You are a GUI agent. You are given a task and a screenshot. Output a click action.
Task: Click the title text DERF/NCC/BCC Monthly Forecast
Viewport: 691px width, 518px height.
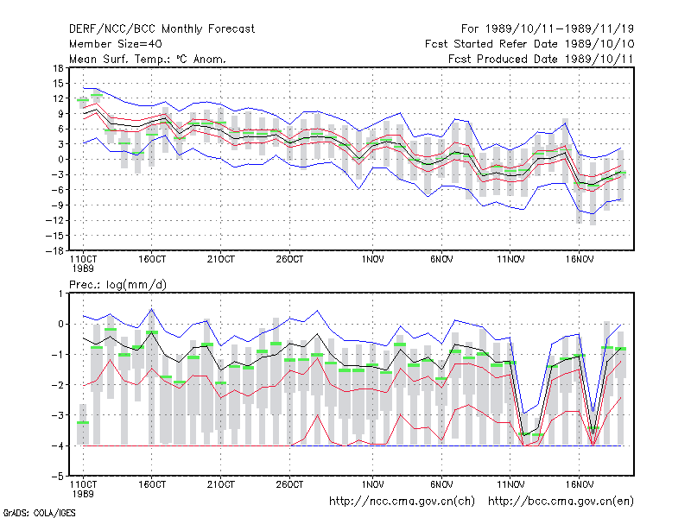pyautogui.click(x=162, y=29)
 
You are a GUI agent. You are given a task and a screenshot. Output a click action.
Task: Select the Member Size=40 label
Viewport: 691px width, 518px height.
pyautogui.click(x=116, y=44)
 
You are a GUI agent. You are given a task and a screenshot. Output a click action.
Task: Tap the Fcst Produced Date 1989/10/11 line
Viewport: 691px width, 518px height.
pyautogui.click(x=541, y=59)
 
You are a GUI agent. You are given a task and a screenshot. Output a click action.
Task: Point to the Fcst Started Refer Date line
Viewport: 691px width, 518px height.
pyautogui.click(x=529, y=44)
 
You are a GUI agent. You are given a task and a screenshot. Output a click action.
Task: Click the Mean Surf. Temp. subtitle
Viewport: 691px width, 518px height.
pyautogui.click(x=148, y=59)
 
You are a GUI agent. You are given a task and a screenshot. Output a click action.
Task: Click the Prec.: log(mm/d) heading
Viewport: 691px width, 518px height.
pyautogui.click(x=117, y=285)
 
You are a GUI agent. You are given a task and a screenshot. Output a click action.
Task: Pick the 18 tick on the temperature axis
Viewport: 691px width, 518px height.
pyautogui.click(x=58, y=68)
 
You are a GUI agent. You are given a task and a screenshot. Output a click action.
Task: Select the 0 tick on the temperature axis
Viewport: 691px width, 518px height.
pyautogui.click(x=60, y=160)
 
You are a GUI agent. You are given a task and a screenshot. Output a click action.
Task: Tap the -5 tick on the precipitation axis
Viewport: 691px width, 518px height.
pyautogui.click(x=58, y=477)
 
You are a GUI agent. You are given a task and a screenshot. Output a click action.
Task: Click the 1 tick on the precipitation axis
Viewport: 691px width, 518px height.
pyautogui.click(x=60, y=294)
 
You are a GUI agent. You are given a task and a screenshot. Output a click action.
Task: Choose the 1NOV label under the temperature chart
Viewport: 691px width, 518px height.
pyautogui.click(x=373, y=260)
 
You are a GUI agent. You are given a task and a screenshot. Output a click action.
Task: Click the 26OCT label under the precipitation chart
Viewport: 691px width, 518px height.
pyautogui.click(x=289, y=485)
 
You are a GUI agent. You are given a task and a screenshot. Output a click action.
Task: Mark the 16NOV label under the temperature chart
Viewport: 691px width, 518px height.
pyautogui.click(x=580, y=260)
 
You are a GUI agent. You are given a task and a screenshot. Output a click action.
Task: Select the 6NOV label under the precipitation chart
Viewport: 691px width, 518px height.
pyautogui.click(x=441, y=485)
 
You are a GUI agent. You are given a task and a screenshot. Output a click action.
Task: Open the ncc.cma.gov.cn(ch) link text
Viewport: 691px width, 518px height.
pyautogui.click(x=402, y=502)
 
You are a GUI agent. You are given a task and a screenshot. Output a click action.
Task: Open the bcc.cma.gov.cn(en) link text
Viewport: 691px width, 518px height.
pyautogui.click(x=561, y=502)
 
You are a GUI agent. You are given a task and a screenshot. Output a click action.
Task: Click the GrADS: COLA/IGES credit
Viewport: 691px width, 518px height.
pyautogui.click(x=39, y=513)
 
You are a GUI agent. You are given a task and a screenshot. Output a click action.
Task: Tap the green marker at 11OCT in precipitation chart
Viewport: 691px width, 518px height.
pyautogui.click(x=83, y=423)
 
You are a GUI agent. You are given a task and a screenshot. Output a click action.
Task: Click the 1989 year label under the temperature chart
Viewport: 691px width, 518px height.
pyautogui.click(x=83, y=268)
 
